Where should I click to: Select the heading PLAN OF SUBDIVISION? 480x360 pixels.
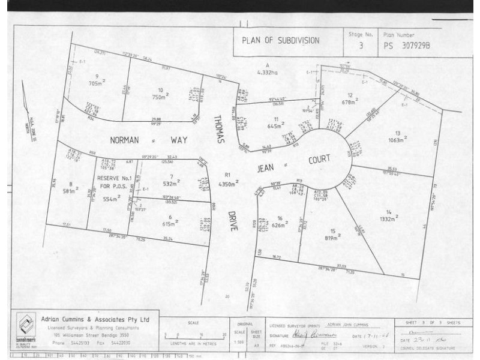(280, 41)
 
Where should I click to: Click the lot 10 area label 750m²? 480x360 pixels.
(160, 96)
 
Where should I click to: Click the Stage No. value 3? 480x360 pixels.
(361, 45)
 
